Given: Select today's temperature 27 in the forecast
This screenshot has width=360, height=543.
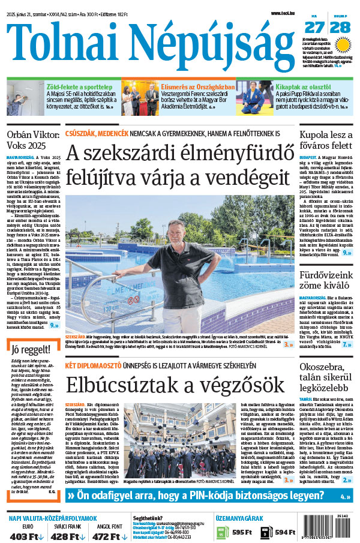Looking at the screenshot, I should [x=314, y=28].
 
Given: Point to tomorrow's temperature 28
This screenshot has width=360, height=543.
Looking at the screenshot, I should [x=340, y=28].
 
